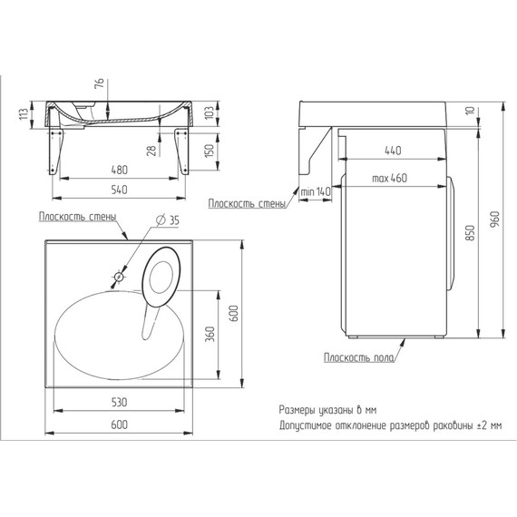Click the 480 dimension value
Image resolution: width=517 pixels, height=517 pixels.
119,170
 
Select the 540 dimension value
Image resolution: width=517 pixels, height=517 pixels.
119,190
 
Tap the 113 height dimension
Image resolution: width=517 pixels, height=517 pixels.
24,114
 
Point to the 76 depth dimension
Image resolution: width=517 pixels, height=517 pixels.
99,83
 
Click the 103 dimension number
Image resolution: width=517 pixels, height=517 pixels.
210,112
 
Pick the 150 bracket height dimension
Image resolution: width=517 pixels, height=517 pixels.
210,150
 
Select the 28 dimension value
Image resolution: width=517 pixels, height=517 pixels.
151,151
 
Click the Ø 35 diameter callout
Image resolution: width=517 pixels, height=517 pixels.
167,219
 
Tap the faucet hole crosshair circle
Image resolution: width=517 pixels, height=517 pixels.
119,277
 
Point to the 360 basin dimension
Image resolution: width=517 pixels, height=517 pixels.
210,334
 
